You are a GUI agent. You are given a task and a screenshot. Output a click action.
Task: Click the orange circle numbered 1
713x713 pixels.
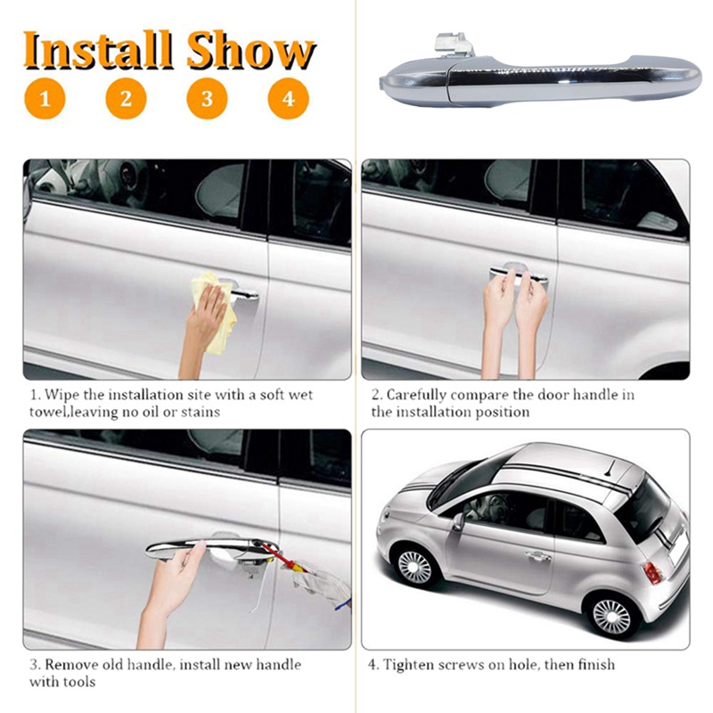click(45, 98)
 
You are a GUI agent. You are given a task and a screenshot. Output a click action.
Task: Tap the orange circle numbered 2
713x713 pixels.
click(126, 98)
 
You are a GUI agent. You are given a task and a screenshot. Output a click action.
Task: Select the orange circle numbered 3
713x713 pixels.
click(207, 98)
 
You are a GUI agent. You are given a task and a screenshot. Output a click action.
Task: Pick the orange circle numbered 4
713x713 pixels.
click(288, 98)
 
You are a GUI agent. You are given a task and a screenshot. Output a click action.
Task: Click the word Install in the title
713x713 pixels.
click(97, 51)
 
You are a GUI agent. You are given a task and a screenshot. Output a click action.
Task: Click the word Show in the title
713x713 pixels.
click(251, 51)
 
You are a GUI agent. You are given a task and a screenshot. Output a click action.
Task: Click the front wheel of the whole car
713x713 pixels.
click(415, 566)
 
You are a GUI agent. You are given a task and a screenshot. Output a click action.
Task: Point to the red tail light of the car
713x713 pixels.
click(652, 571)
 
